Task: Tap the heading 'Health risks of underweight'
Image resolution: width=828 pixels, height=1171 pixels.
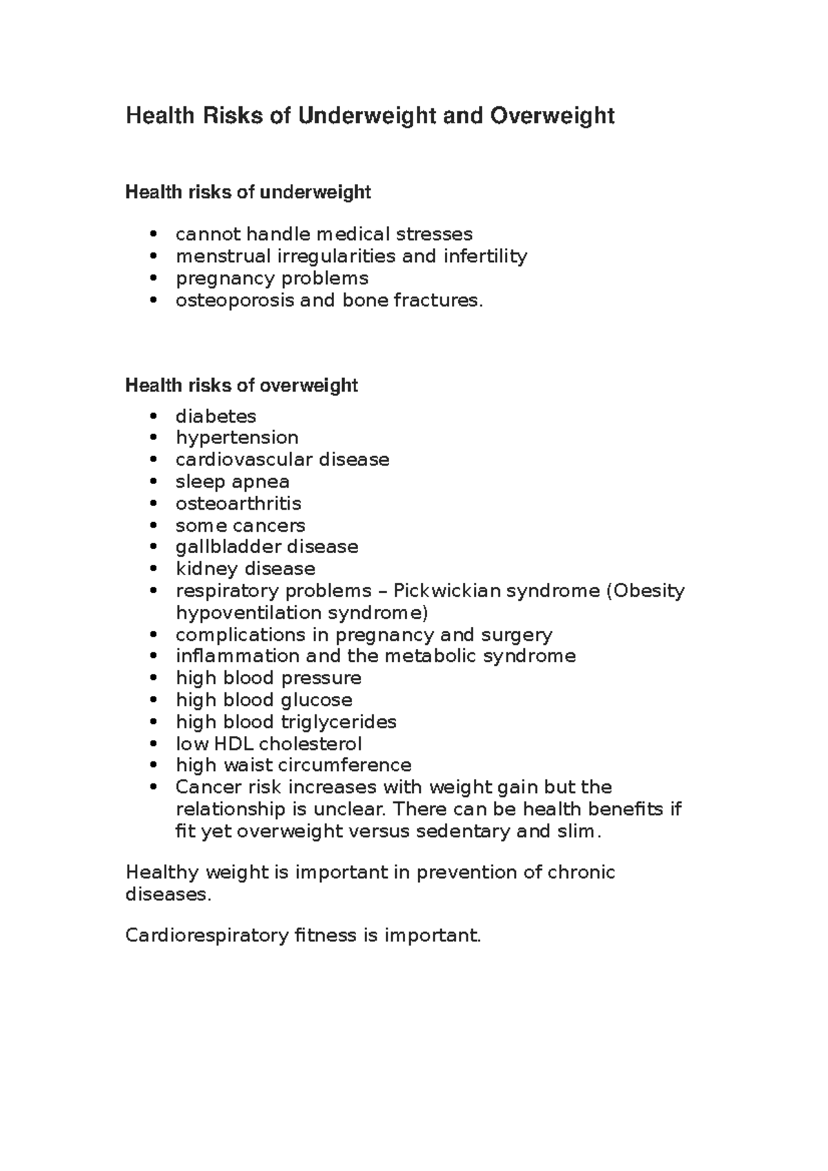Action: [248, 192]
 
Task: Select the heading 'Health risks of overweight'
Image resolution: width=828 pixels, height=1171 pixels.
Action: [241, 386]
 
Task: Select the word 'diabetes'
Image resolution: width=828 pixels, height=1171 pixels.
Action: [215, 417]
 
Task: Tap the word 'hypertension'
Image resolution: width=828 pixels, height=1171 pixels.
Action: [237, 438]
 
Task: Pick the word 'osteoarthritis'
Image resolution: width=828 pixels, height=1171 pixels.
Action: [238, 503]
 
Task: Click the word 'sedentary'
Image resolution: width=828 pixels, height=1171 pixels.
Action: [466, 832]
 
